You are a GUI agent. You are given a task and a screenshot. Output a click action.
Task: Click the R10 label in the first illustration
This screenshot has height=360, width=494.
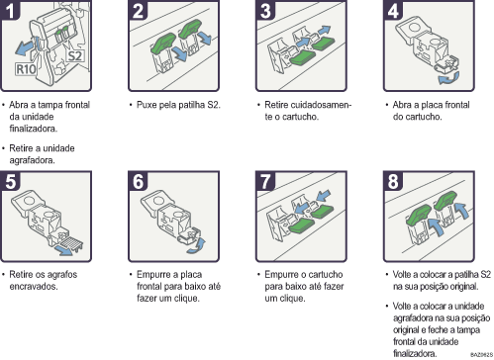(x=29, y=71)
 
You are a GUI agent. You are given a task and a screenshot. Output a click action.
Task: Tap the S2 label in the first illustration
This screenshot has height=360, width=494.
(x=74, y=55)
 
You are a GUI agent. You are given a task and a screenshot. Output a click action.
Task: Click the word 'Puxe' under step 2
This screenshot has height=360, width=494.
(x=153, y=103)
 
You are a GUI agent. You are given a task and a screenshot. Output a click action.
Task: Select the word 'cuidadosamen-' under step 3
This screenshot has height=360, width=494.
(x=312, y=103)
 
